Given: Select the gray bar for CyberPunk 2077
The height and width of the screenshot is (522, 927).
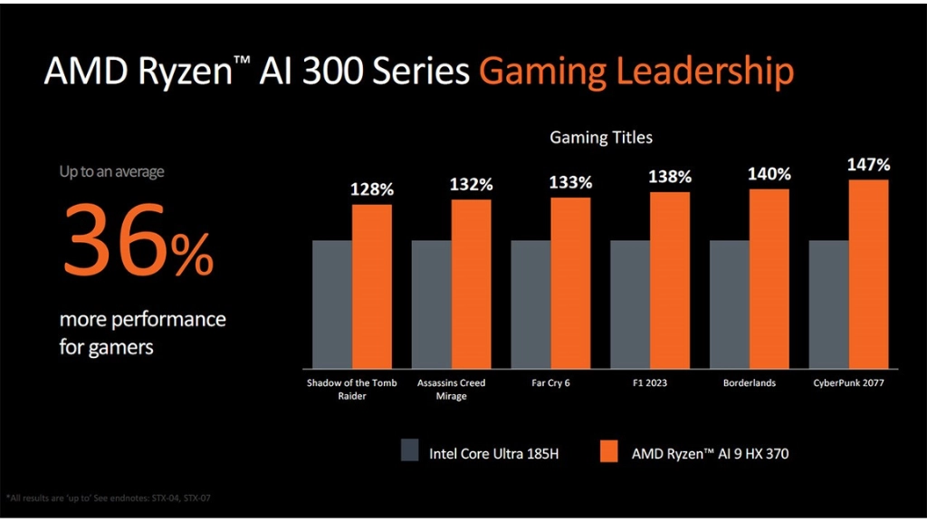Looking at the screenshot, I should (828, 303).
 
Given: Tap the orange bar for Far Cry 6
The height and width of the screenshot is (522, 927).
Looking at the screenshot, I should (570, 282).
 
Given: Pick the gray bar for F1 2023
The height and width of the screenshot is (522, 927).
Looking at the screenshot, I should (630, 303).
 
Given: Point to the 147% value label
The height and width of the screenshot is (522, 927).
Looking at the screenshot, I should (868, 165).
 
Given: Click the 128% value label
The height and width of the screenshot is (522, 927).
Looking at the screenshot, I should (372, 189).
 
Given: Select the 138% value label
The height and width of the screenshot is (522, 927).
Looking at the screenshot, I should (670, 177).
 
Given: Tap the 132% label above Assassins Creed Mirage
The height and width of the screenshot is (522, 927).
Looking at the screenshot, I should (472, 184).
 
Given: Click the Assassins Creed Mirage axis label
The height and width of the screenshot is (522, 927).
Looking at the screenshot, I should (451, 389).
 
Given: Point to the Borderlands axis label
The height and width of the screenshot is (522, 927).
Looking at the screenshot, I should (749, 382).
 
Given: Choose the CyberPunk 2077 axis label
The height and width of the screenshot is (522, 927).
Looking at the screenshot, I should (848, 382).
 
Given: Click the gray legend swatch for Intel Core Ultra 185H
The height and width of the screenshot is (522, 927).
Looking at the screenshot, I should (409, 450).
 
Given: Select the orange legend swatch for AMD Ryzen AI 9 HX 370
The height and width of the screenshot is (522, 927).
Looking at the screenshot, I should (607, 450).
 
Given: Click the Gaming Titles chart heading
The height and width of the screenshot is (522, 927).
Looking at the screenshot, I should (601, 138).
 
